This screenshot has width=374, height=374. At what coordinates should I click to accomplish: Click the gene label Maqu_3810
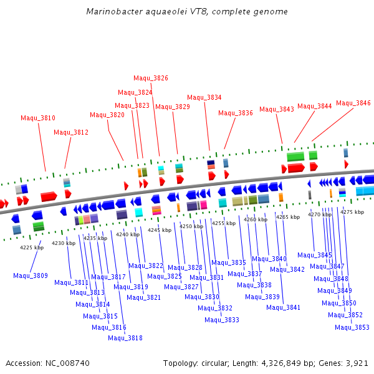(38, 118)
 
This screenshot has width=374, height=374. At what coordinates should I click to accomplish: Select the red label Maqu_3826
(151, 78)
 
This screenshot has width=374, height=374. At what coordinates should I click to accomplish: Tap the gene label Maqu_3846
(353, 103)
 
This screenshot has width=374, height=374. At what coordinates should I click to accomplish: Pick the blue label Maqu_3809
(31, 276)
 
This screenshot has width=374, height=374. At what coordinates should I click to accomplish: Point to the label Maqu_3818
(125, 338)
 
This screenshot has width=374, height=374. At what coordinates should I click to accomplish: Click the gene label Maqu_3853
(352, 327)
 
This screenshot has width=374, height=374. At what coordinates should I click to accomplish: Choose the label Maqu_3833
(222, 320)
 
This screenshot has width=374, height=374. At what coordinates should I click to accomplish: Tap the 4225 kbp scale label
(32, 247)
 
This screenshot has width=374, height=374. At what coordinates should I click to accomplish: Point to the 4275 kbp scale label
(352, 212)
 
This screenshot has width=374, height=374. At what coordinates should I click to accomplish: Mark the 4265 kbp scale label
(288, 217)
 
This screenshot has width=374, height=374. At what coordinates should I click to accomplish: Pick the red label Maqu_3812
(71, 132)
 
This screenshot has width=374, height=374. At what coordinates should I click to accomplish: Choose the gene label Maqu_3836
(236, 113)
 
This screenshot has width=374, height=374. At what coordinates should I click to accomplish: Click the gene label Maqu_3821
(144, 297)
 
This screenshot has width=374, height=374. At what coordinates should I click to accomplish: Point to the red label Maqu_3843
(277, 109)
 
